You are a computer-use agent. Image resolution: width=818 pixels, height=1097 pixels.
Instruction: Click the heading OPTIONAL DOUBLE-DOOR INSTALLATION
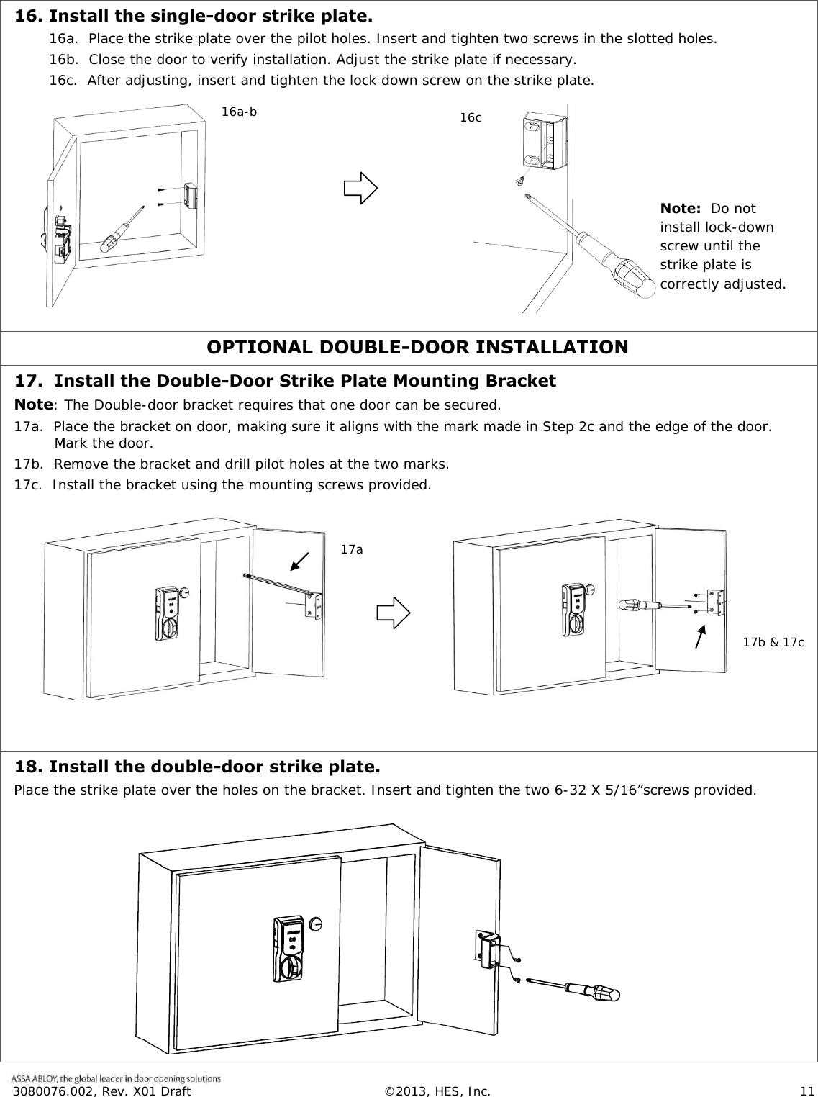coord(417,348)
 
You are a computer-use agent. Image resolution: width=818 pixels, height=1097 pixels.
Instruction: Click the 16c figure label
coord(471,117)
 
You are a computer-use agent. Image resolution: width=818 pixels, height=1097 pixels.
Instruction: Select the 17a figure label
coord(351,549)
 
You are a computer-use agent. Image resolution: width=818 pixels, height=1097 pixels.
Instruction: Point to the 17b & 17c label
coord(773,641)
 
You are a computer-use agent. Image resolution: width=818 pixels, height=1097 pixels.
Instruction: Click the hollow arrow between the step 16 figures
coord(360,189)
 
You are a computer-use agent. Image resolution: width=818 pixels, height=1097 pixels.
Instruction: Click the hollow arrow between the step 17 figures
coord(394,613)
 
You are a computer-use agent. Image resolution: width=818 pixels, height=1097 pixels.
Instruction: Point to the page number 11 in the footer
coord(804,1091)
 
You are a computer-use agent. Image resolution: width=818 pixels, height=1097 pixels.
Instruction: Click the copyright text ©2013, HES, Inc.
coord(437,1091)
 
